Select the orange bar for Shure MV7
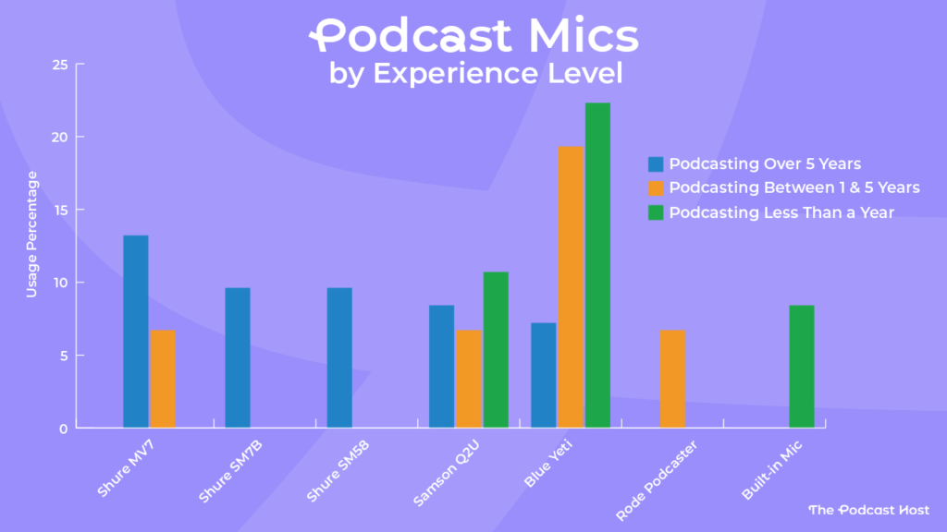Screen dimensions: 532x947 click(163, 379)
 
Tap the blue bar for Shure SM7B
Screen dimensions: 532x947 click(237, 357)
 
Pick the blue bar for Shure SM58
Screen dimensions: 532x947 click(338, 357)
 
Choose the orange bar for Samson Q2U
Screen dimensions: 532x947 click(468, 379)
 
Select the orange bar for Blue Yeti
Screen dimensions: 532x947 click(570, 286)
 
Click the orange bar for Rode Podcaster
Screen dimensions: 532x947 click(672, 379)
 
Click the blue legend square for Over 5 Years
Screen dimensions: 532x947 click(656, 164)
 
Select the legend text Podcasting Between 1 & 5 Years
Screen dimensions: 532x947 click(794, 188)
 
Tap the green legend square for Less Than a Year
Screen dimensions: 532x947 click(656, 212)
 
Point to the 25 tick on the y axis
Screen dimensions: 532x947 click(60, 65)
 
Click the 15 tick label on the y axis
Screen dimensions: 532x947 click(60, 210)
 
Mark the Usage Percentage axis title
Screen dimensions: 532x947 click(31, 234)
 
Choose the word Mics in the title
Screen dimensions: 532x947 click(581, 37)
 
